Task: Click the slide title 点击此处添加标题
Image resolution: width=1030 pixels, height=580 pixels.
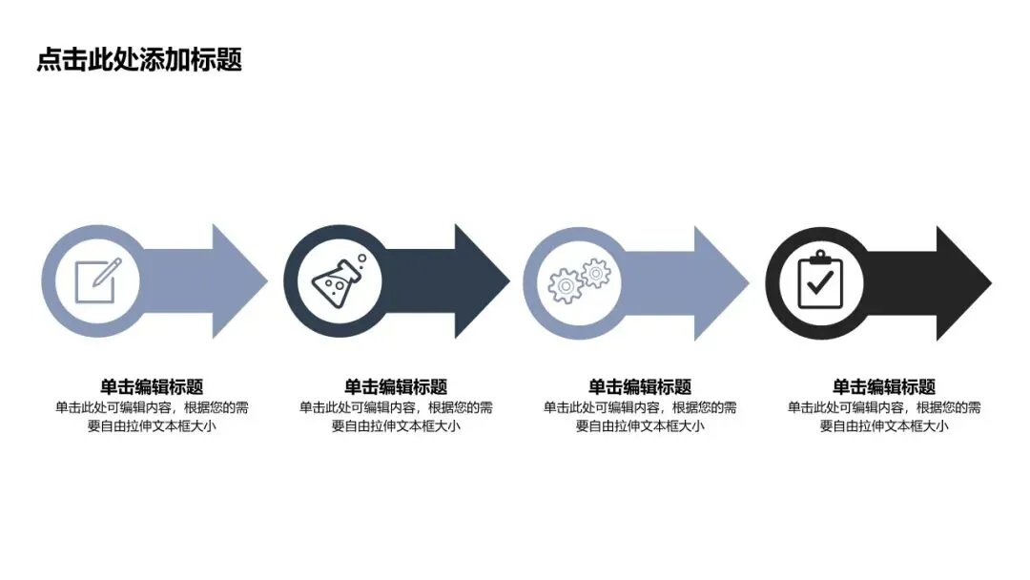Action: click(x=139, y=60)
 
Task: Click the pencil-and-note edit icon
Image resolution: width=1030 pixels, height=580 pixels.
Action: click(x=94, y=280)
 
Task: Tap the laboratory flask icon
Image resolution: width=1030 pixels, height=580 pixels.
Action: click(x=337, y=280)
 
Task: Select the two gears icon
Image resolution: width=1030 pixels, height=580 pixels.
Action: click(x=579, y=280)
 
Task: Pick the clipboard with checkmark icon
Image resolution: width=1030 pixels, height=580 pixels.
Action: click(x=820, y=280)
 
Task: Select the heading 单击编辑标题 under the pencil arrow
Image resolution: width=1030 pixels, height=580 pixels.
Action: click(x=152, y=386)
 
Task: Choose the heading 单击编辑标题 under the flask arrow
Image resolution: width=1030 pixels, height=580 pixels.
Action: click(x=396, y=386)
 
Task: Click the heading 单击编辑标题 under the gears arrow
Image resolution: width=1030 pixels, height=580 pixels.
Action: click(x=640, y=386)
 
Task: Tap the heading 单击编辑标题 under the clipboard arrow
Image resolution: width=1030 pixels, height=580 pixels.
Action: click(x=884, y=386)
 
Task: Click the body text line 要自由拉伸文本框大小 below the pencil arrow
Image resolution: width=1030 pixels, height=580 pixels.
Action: click(x=152, y=426)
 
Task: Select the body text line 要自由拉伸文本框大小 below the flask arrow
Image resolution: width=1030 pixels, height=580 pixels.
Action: click(x=396, y=426)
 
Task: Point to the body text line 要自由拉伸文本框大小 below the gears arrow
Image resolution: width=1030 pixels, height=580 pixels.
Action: click(x=640, y=426)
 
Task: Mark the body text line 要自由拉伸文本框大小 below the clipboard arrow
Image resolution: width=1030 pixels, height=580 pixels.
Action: click(x=884, y=426)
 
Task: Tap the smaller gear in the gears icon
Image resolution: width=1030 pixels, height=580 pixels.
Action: click(x=596, y=273)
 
